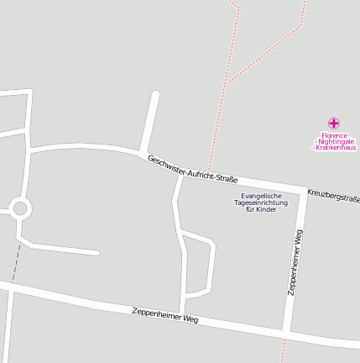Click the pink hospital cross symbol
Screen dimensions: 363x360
click(334, 123)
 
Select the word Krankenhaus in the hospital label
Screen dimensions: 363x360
click(335, 148)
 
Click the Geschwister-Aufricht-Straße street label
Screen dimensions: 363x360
click(192, 169)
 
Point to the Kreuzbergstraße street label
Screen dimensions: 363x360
click(334, 196)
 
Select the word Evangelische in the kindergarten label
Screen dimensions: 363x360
click(261, 197)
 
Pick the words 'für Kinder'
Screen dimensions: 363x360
click(261, 210)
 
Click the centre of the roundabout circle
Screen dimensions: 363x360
click(20, 208)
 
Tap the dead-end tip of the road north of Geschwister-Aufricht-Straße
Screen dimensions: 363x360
click(155, 93)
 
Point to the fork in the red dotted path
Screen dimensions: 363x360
click(227, 82)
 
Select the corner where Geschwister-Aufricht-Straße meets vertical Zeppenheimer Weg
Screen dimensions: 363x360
click(302, 187)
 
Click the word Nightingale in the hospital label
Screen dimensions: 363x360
click(335, 141)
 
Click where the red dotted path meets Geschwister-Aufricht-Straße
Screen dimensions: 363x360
click(209, 172)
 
